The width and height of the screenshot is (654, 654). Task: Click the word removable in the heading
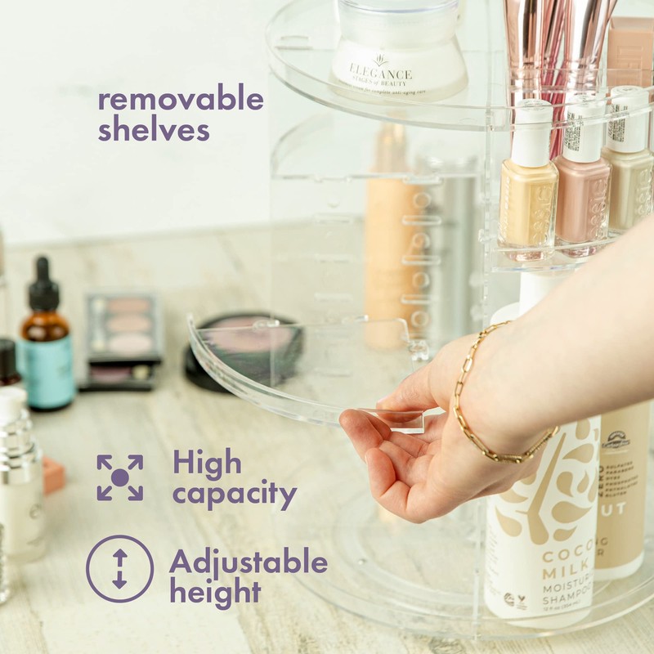pyautogui.click(x=181, y=100)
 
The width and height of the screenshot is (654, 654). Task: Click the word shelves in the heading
pyautogui.click(x=153, y=129)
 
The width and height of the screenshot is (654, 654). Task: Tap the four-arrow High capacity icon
pyautogui.click(x=120, y=477)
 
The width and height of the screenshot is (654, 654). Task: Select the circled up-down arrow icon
pyautogui.click(x=119, y=568)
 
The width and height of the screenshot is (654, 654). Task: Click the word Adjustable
pyautogui.click(x=248, y=562)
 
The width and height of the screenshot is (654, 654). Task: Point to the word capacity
pyautogui.click(x=234, y=495)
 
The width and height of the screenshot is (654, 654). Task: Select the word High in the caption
pyautogui.click(x=207, y=464)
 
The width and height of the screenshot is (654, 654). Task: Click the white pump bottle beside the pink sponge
pyautogui.click(x=20, y=474)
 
